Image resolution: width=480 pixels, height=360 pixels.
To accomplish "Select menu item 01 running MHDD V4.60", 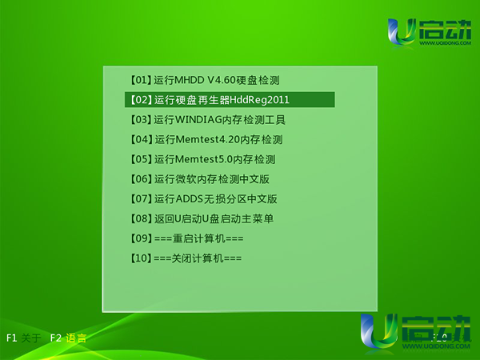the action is coord(205,80).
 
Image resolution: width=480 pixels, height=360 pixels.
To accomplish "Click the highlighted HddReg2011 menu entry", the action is coord(230,100).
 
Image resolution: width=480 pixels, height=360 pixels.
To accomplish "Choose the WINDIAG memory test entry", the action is coord(208,120).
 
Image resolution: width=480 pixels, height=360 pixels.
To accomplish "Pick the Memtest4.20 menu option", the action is coord(206,139).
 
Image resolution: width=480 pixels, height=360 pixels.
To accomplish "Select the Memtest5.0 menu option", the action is coord(202,159).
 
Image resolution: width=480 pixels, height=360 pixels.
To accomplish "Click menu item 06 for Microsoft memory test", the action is coord(199,179).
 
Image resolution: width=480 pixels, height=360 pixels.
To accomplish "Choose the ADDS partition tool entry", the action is coord(203,199).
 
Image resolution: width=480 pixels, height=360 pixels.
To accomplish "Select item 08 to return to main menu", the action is coord(202,219).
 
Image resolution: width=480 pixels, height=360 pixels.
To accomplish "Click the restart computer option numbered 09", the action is coord(186,238).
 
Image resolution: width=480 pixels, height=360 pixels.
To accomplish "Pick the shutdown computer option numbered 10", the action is coord(186,258).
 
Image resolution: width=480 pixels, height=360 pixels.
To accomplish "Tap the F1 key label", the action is coord(12,338).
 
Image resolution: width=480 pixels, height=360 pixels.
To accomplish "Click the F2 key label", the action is coord(56,338).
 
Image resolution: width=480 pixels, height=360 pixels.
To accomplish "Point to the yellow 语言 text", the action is coord(76,338).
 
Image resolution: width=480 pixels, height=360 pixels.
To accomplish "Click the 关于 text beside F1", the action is coord(31,338).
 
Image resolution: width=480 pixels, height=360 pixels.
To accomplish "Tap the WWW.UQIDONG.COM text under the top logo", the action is coord(446,43).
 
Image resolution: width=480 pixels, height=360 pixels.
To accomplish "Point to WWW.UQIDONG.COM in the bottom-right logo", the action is coord(436,346).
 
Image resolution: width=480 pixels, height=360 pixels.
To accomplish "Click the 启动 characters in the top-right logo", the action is coord(446,30).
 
